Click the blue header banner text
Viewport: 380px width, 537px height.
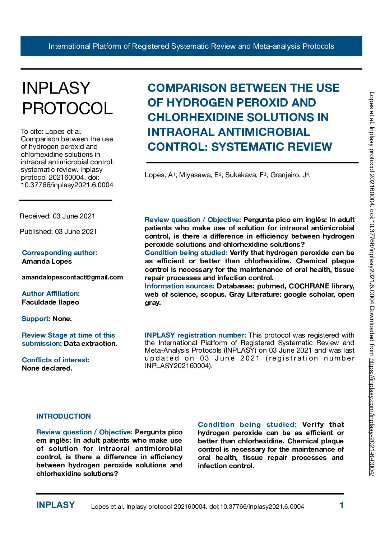click(x=191, y=46)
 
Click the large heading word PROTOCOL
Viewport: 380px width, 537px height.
click(x=68, y=108)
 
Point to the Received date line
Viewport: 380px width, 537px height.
click(x=57, y=216)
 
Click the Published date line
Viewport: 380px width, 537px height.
click(x=58, y=231)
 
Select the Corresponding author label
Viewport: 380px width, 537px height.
click(x=60, y=253)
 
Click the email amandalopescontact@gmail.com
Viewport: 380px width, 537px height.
click(x=72, y=277)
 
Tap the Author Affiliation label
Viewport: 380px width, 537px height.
click(x=51, y=293)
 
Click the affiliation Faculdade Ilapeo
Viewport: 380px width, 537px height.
click(x=50, y=302)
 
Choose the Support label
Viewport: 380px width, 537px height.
click(x=36, y=319)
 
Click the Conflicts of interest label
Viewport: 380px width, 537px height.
click(x=56, y=360)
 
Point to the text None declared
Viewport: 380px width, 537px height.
click(x=47, y=368)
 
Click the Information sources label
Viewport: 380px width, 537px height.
click(x=180, y=286)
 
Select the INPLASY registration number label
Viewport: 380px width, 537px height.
click(x=195, y=335)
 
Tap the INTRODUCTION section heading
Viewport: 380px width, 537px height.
click(x=64, y=416)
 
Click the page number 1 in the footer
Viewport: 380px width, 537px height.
click(x=342, y=505)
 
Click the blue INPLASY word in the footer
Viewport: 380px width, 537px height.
click(x=56, y=505)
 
